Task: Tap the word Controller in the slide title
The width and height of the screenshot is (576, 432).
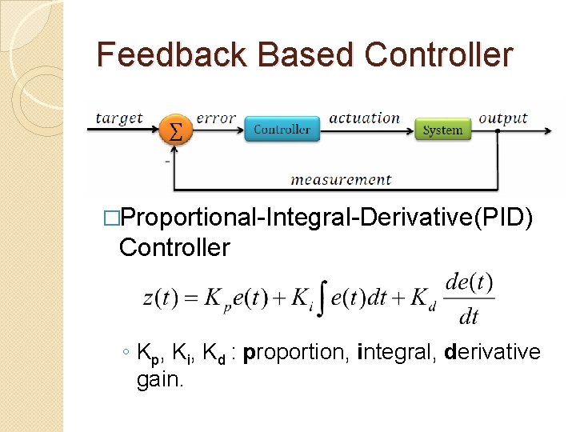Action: click(438, 54)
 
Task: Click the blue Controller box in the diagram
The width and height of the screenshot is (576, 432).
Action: click(282, 129)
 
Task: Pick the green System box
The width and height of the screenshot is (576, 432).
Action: click(442, 130)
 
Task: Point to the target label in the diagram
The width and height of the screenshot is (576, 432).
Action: click(119, 118)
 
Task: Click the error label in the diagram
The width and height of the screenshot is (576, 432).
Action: click(216, 118)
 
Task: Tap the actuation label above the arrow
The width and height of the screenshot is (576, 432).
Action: click(364, 118)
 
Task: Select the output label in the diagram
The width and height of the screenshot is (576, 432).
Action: click(503, 118)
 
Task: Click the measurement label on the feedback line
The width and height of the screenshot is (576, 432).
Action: click(341, 179)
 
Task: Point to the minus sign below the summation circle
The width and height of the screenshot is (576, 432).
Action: click(166, 161)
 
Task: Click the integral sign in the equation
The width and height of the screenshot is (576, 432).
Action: click(322, 298)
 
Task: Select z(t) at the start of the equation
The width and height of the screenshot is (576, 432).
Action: click(160, 298)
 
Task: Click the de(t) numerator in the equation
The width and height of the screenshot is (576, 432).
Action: click(469, 283)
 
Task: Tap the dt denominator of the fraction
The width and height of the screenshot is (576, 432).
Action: click(469, 317)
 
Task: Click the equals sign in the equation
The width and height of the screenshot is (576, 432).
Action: click(190, 298)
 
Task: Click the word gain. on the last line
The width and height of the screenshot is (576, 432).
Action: click(161, 379)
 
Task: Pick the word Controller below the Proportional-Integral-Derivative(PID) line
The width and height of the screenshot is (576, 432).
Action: click(174, 247)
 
